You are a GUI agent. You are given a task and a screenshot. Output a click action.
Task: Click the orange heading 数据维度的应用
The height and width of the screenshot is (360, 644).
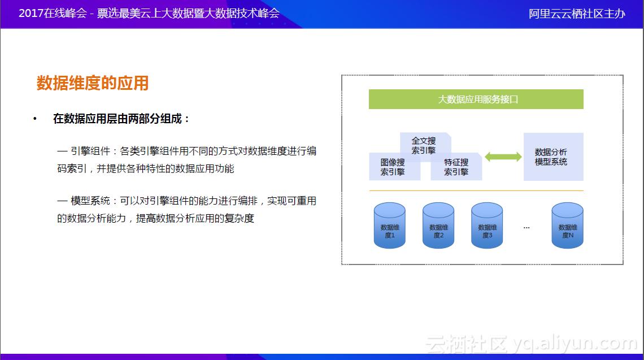click(93, 83)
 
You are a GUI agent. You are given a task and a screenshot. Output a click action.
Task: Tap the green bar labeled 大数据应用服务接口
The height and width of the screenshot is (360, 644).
click(476, 99)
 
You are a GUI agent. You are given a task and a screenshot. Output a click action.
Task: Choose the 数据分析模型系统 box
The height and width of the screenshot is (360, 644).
click(552, 157)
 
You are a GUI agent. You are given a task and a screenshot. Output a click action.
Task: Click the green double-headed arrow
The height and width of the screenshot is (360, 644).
click(503, 157)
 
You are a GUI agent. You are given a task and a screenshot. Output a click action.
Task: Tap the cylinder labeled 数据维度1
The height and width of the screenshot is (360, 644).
click(390, 226)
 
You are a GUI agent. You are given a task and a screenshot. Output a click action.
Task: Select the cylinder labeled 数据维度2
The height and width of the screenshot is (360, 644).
click(438, 226)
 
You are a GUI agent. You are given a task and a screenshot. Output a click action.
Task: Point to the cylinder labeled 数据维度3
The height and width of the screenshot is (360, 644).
click(487, 226)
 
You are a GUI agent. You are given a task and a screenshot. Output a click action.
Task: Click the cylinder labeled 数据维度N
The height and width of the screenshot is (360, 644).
click(567, 226)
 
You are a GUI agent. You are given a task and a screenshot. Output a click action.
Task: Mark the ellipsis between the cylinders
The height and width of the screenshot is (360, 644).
click(526, 227)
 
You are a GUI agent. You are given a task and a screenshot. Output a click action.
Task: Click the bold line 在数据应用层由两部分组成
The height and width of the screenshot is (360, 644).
click(121, 119)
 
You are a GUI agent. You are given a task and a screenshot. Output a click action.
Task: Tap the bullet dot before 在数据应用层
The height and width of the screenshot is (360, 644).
click(35, 119)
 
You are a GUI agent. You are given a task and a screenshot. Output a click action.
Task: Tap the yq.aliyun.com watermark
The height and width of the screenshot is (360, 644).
click(576, 342)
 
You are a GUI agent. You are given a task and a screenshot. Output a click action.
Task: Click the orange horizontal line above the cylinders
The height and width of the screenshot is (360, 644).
click(476, 191)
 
